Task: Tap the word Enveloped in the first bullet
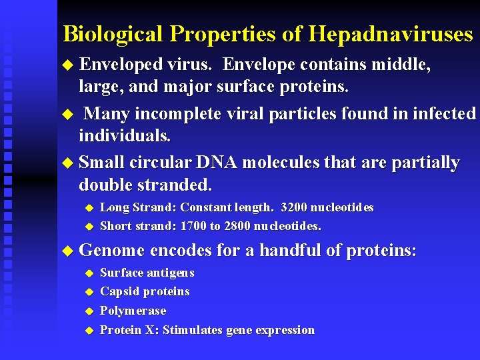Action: [x=121, y=65]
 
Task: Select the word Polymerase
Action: [x=133, y=311]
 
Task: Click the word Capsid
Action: [x=119, y=291]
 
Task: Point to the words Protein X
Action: [x=129, y=330]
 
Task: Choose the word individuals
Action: [x=125, y=136]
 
